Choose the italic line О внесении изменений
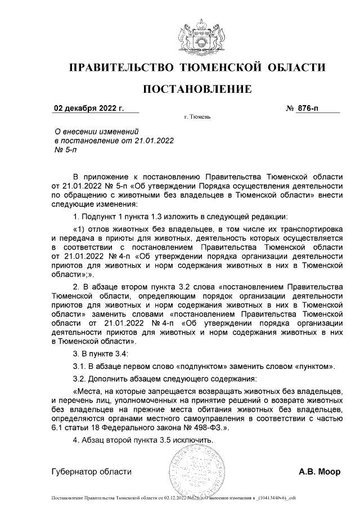(92, 130)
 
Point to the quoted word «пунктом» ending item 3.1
(314, 367)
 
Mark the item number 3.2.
(82, 379)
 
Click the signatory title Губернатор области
(92, 472)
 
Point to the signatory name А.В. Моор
(319, 472)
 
